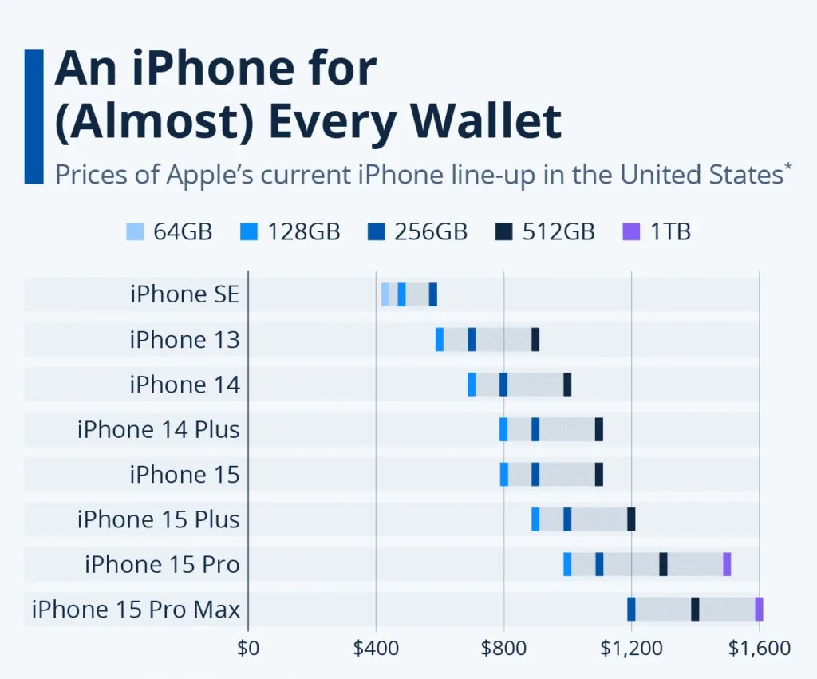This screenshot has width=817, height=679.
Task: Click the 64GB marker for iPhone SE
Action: (385, 294)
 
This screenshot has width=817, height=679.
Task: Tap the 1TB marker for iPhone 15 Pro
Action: (727, 564)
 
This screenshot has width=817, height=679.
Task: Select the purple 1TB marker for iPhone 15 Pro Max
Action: (759, 609)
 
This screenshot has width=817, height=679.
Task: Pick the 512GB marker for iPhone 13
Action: (535, 339)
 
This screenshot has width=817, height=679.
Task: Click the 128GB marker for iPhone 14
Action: (472, 385)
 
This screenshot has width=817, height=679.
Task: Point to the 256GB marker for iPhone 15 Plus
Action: (567, 519)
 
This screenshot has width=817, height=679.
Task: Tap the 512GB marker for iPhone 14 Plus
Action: (599, 429)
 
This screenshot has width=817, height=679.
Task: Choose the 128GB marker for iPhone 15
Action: (504, 474)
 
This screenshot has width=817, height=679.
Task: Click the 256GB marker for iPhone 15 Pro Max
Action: (631, 609)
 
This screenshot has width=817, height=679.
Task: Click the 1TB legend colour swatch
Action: (630, 232)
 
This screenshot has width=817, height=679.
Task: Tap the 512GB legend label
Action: (558, 232)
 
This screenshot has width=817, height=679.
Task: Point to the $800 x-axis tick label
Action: (503, 648)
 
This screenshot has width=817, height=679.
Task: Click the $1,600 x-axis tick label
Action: (759, 648)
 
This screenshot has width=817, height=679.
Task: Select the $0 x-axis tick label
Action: (248, 648)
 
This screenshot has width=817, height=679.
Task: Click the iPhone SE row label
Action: (184, 294)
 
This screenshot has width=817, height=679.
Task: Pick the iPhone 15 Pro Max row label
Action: (136, 610)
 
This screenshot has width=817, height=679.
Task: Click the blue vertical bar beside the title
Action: (34, 116)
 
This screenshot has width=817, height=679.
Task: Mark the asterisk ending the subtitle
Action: (788, 166)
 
